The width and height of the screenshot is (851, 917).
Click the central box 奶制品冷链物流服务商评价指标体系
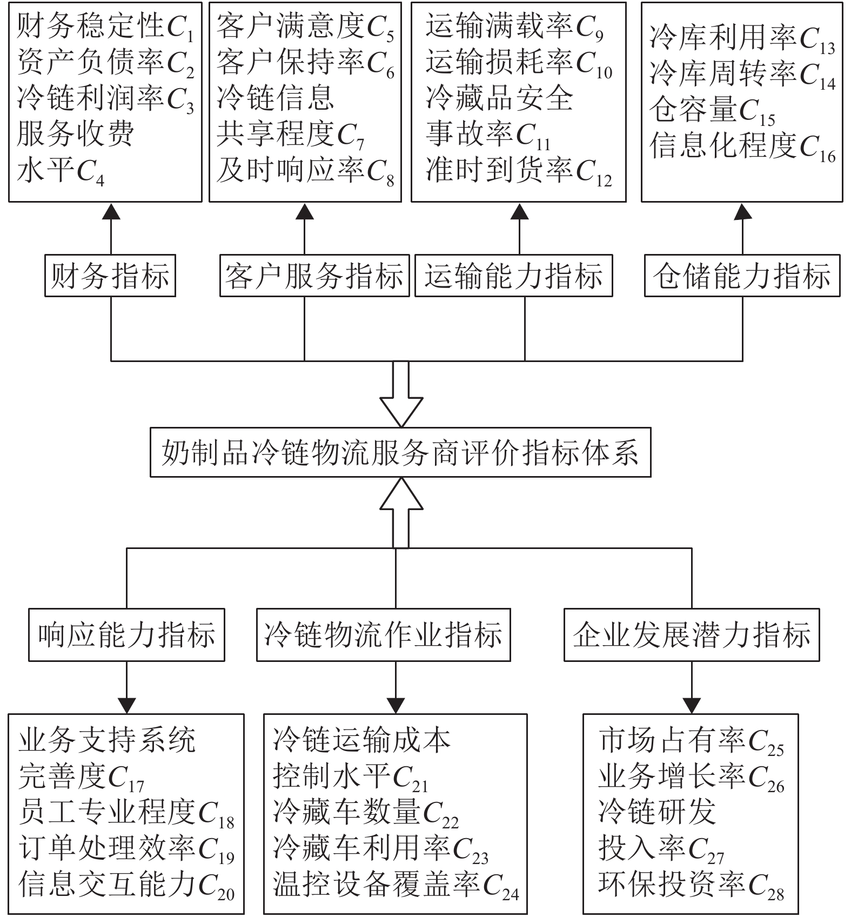(x=400, y=452)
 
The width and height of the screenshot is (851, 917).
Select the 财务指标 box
(x=110, y=276)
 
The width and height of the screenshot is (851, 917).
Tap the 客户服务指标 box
(x=314, y=276)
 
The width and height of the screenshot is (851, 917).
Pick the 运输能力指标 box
(x=513, y=276)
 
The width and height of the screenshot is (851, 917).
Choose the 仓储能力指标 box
(x=742, y=276)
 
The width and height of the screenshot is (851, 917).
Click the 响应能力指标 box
(x=126, y=635)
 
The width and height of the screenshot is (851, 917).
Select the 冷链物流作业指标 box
(x=383, y=635)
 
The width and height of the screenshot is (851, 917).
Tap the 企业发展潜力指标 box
(x=692, y=635)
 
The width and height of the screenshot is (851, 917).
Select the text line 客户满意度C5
(x=305, y=27)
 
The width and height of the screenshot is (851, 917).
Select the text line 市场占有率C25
(x=691, y=741)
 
